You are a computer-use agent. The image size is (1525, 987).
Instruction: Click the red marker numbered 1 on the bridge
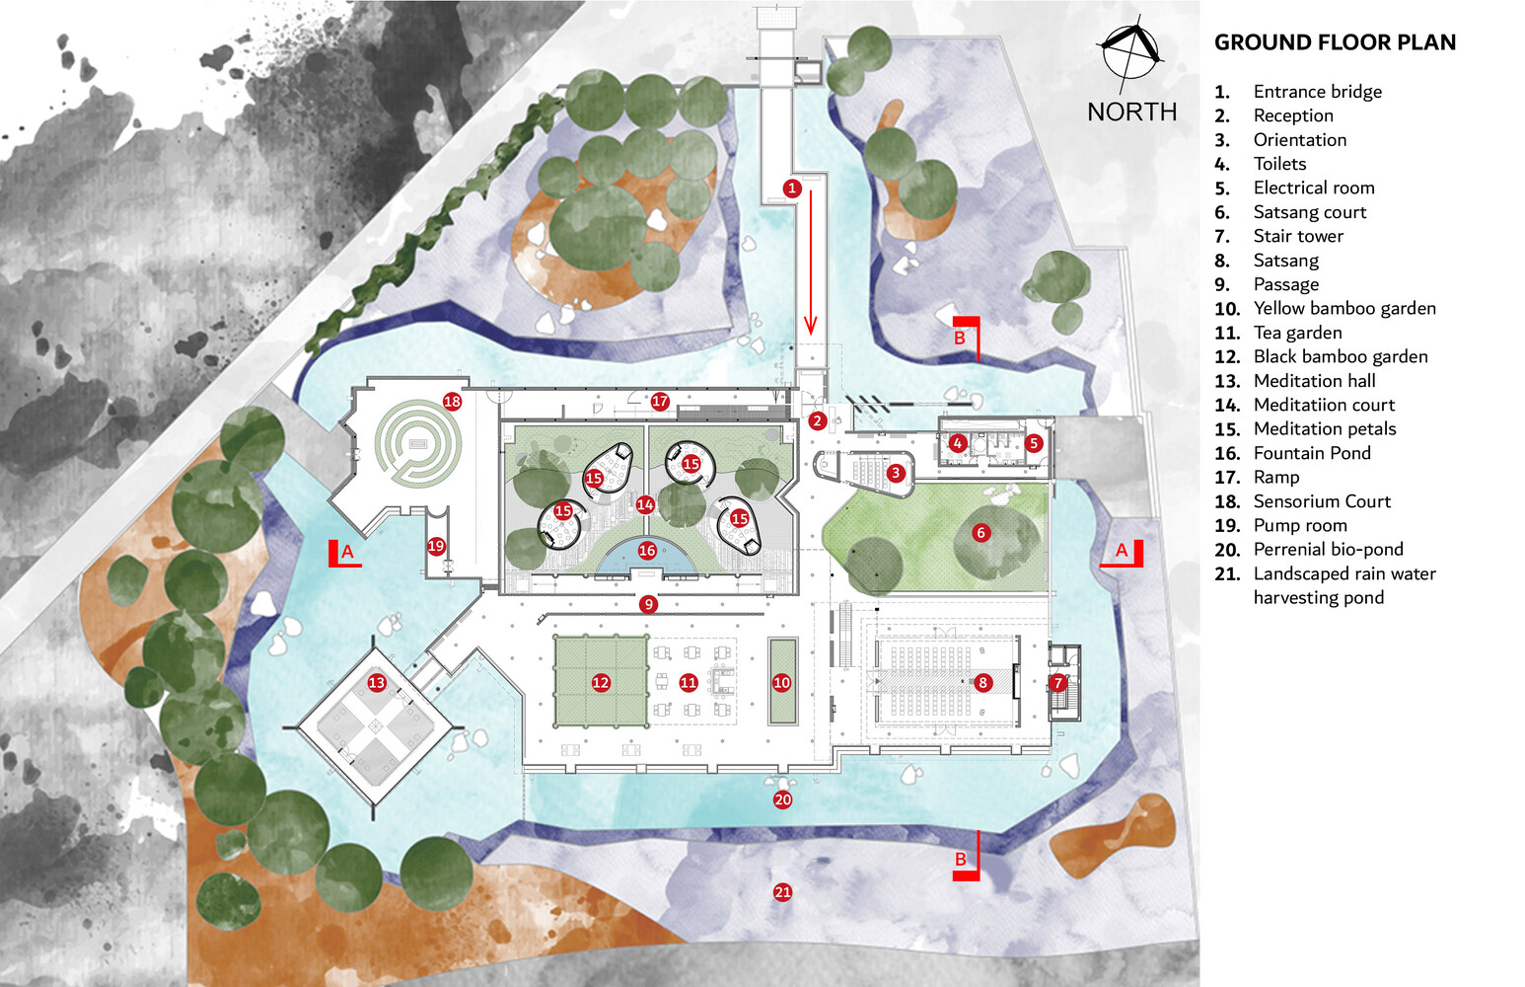pos(792,188)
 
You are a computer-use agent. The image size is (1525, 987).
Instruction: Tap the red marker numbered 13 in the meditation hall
pos(377,683)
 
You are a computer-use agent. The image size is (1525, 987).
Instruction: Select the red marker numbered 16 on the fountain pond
pos(647,551)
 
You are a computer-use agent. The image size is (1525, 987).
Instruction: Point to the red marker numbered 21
pos(783,892)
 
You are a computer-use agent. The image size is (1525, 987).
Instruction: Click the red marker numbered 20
pos(783,799)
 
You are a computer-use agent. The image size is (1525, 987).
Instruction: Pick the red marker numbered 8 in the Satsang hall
pos(982,683)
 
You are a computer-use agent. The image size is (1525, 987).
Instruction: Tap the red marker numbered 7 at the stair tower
pos(1057,683)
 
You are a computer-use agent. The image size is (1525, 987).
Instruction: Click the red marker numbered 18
pos(452,401)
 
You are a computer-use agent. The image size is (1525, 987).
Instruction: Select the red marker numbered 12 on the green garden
pos(601,683)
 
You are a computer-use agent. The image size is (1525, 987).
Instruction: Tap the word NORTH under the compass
pos(1131,112)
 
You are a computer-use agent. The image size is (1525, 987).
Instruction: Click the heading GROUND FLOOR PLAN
pos(1335,42)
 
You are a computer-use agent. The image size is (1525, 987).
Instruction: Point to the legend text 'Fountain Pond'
pos(1312,453)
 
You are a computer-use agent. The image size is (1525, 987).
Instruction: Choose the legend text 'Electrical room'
pos(1314,188)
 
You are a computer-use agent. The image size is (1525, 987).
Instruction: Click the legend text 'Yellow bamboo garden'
pos(1344,309)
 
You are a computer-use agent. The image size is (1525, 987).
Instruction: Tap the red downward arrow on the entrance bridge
pos(810,263)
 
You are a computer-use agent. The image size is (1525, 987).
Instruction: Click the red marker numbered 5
pos(1034,443)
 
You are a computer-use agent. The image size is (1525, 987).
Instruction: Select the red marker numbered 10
pos(781,683)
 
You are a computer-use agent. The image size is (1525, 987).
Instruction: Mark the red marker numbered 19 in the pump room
pos(436,546)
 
